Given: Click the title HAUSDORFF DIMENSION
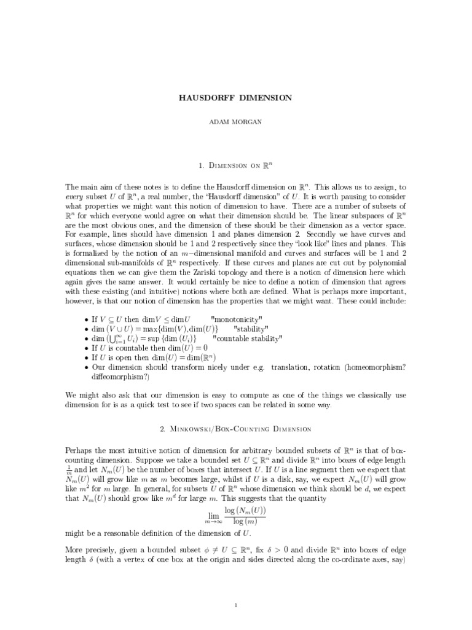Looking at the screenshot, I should [235, 97].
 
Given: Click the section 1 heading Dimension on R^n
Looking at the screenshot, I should [235, 165].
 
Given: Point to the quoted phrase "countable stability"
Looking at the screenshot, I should [247, 338].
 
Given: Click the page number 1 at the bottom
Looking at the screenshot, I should [236, 588].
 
